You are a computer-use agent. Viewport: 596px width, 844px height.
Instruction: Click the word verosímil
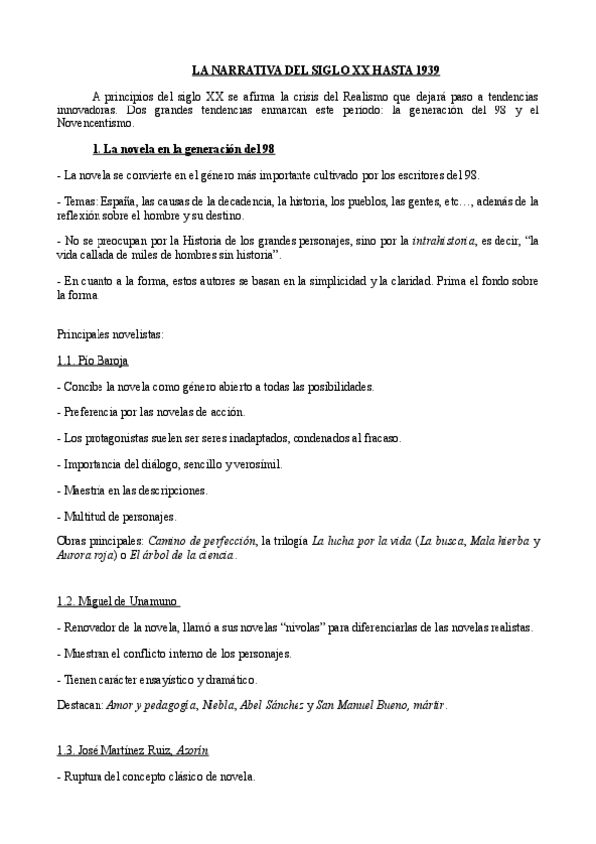pos(255,464)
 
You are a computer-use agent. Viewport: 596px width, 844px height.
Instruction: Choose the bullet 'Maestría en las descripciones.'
pos(134,490)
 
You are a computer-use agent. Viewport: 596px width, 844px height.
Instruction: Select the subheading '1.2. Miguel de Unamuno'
pos(119,603)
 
